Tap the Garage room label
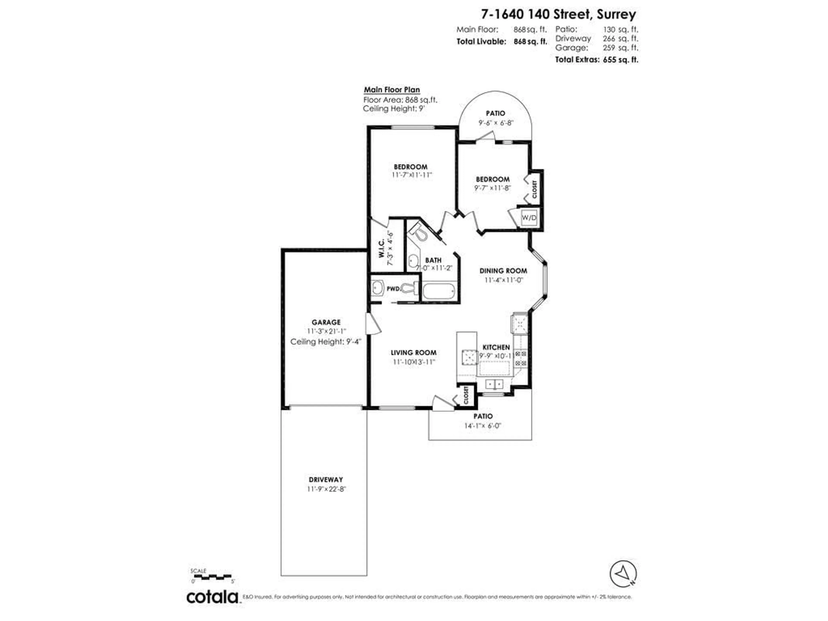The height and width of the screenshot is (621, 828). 326,322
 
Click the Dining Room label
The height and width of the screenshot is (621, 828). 503,271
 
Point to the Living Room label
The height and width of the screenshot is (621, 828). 414,353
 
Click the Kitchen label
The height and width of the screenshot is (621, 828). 496,347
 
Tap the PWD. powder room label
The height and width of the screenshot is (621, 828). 393,289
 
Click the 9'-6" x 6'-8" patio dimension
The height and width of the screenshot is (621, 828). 495,123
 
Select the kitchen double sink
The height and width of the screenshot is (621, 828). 494,384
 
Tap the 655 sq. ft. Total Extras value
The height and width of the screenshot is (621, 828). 620,60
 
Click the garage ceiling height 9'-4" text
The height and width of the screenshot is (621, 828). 326,342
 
